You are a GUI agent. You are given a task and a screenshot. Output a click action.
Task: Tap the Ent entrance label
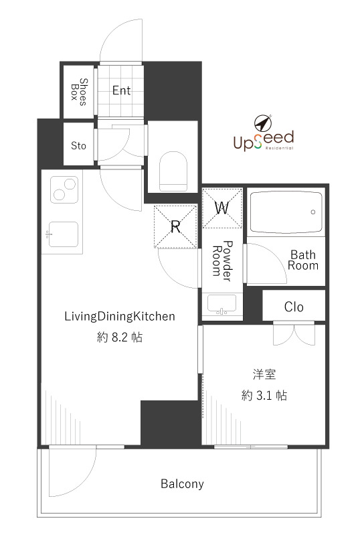coord(121,90)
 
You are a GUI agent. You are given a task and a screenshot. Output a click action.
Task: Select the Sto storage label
coord(78,144)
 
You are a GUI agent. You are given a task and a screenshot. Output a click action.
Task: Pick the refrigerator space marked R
coord(175,226)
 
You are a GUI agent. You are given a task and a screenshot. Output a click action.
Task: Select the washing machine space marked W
coord(222,208)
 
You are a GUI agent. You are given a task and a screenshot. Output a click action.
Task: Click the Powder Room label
coord(222,258)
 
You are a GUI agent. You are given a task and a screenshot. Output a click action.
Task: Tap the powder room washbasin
coord(221,304)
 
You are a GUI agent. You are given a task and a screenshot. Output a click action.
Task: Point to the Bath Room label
coord(302,260)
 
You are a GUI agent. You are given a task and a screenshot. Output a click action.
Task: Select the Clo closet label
coord(294,307)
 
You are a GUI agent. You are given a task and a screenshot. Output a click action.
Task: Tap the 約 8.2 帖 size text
coord(119,337)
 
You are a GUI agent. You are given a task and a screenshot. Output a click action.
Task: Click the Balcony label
coord(181,483)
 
